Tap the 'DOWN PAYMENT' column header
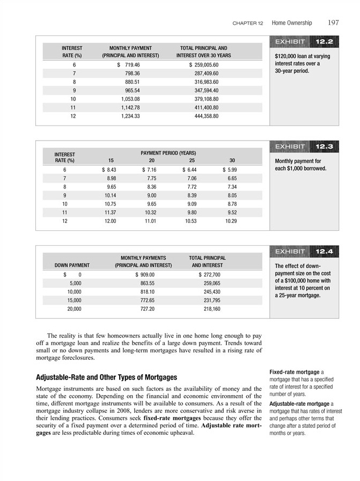click(x=72, y=266)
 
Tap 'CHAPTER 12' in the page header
click(x=248, y=24)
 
